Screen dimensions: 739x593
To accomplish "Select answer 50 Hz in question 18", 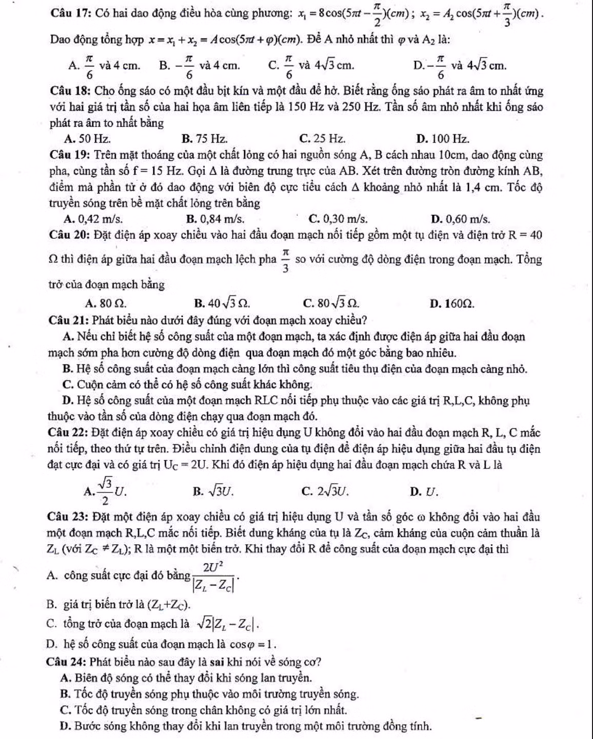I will click(x=87, y=138).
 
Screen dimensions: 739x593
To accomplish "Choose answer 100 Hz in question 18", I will click(x=443, y=138).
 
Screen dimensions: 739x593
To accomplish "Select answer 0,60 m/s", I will click(x=460, y=219).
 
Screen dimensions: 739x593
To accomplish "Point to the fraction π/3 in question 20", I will click(x=286, y=260).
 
